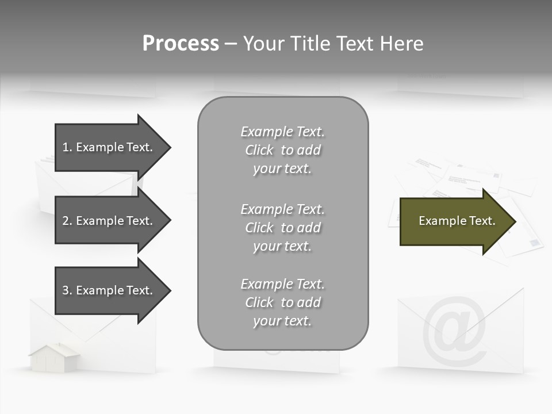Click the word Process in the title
[181, 44]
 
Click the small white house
[55, 358]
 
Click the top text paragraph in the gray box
[282, 150]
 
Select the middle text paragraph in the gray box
[282, 228]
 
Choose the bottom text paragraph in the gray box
[282, 302]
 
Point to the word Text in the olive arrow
[482, 221]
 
